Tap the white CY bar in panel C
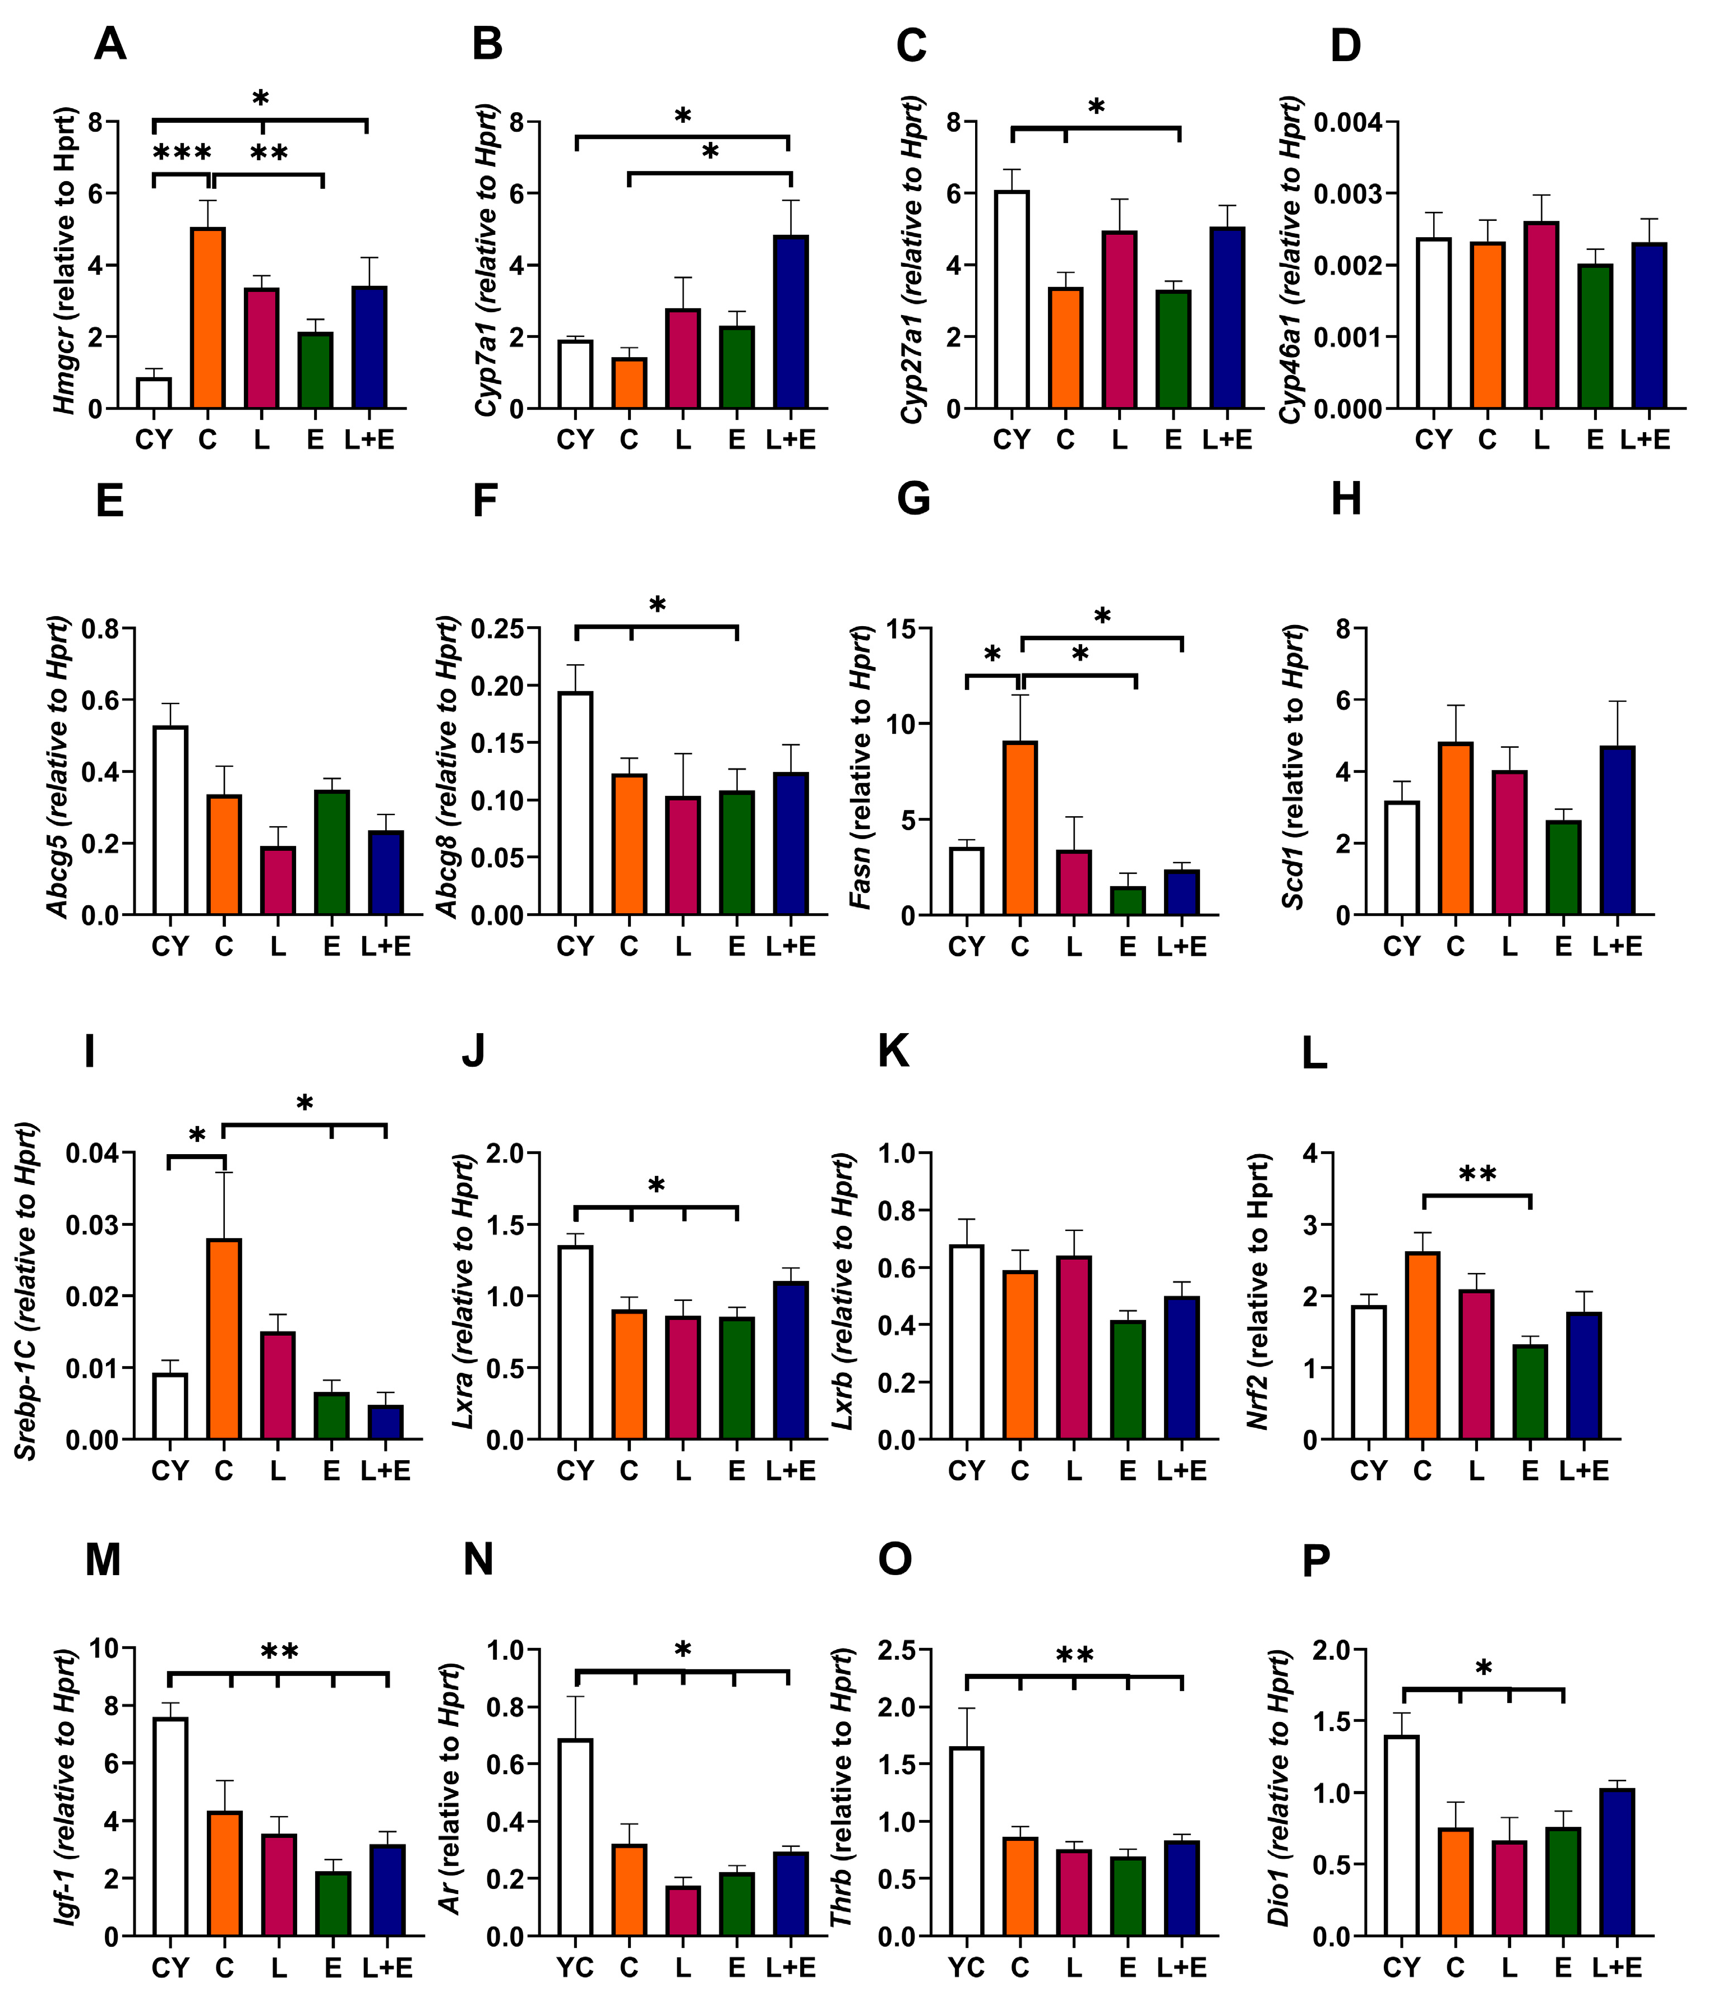point(1012,299)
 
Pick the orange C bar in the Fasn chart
point(1021,827)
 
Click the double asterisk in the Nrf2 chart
point(1477,1175)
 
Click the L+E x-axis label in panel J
point(791,1471)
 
